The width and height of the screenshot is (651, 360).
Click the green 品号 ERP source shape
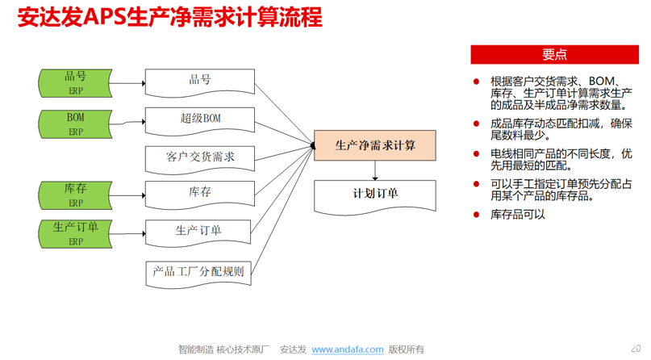point(75,82)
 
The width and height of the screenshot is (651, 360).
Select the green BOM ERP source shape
point(75,123)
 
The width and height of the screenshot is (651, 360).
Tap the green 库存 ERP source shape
point(75,195)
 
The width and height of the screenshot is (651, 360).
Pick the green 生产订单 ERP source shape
point(75,232)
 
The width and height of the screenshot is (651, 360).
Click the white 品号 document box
point(199,81)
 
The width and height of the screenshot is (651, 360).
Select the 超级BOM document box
point(199,119)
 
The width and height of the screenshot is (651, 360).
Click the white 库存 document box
point(199,193)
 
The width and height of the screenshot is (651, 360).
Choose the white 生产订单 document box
point(199,232)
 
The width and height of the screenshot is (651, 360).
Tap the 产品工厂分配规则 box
point(199,272)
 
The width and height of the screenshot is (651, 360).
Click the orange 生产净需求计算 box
point(375,145)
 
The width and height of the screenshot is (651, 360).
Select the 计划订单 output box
point(375,195)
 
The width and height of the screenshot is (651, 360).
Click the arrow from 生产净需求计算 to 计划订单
point(375,170)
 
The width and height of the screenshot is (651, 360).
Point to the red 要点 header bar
point(554,54)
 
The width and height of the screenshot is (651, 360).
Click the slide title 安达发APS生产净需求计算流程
point(169,18)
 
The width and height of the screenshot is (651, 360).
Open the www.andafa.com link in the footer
point(348,350)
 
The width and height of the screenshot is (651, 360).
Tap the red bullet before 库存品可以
point(478,215)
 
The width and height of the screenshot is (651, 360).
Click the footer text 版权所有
point(406,350)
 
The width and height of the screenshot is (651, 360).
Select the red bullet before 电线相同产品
point(478,153)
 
